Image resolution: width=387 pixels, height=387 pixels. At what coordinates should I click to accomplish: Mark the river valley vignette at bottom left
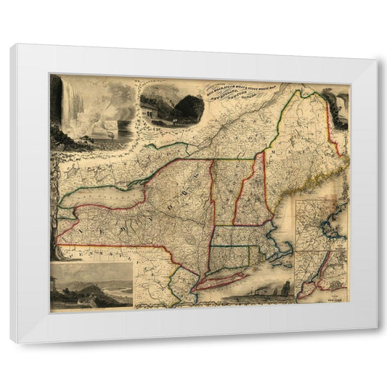point(91,287)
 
